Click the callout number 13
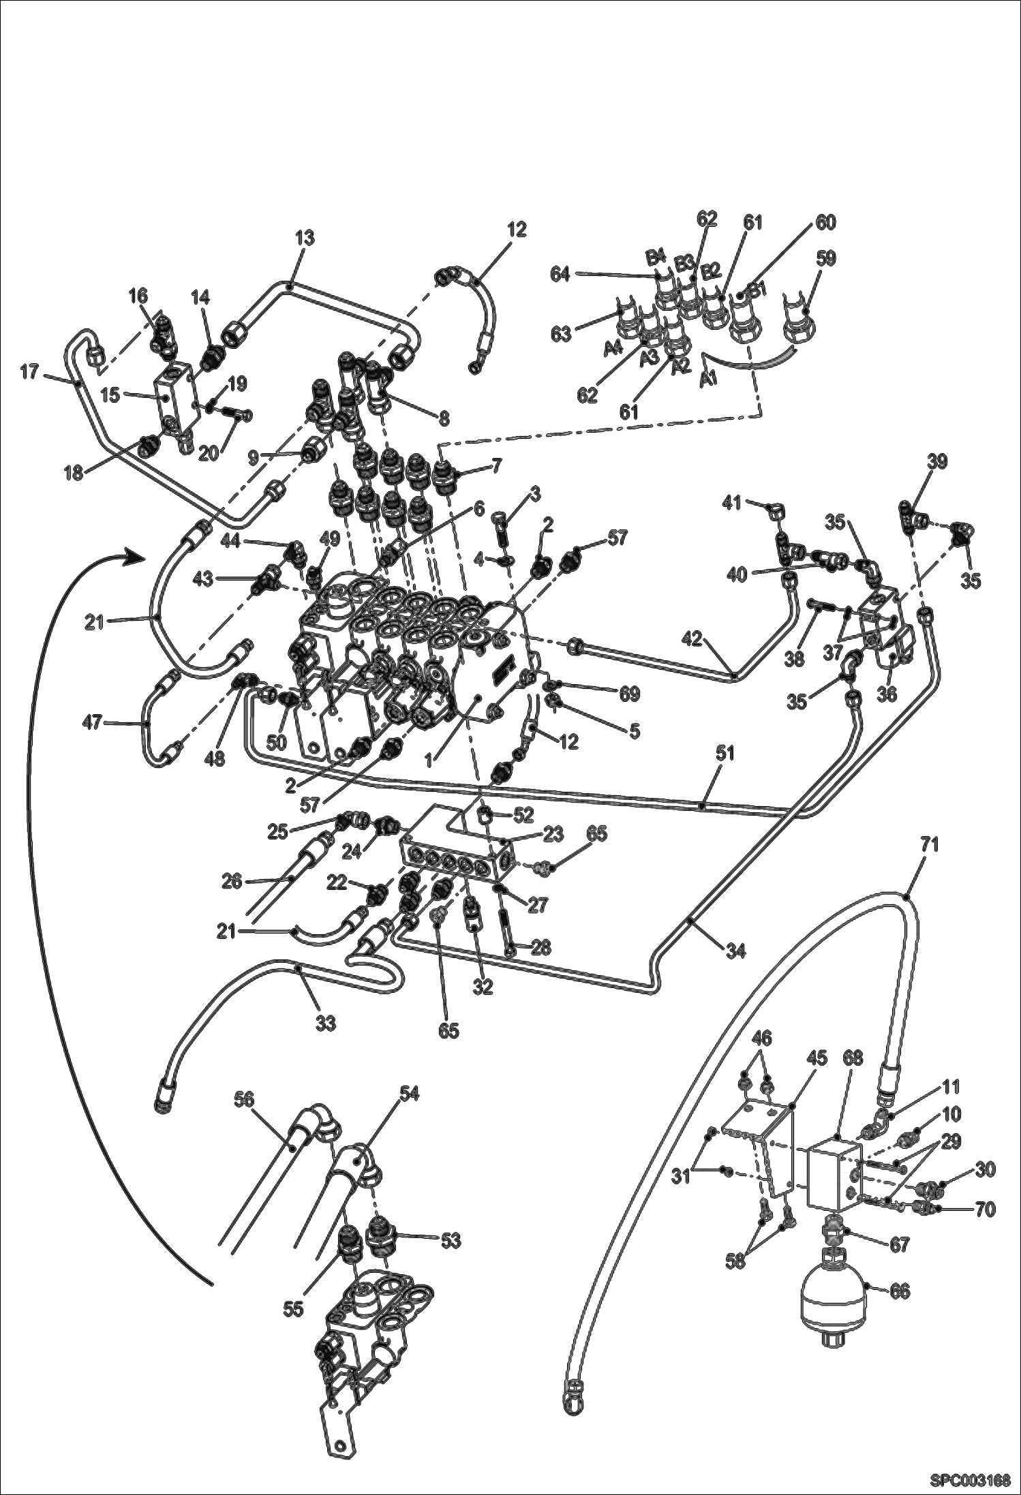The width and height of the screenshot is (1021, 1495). pyautogui.click(x=305, y=238)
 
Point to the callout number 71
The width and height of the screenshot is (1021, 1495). pyautogui.click(x=930, y=845)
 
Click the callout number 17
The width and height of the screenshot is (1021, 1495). pyautogui.click(x=30, y=374)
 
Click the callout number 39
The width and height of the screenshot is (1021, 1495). pyautogui.click(x=936, y=461)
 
